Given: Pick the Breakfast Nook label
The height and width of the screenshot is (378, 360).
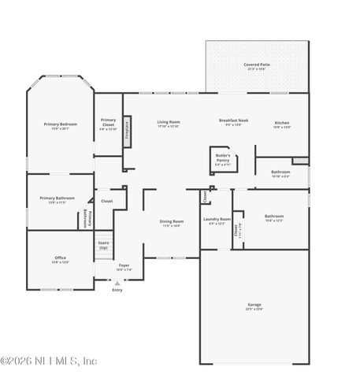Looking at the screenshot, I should click(233, 122).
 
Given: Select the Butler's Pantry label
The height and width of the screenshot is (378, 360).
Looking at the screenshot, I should click(223, 160).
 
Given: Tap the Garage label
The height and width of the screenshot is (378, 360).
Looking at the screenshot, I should click(254, 306).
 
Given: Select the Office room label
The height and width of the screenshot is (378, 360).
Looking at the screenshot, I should click(60, 259).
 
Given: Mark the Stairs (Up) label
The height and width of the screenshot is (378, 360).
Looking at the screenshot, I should click(103, 245).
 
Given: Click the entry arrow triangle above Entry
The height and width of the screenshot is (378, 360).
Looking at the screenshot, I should click(117, 283).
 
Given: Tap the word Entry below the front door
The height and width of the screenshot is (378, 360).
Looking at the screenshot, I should click(117, 290).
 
